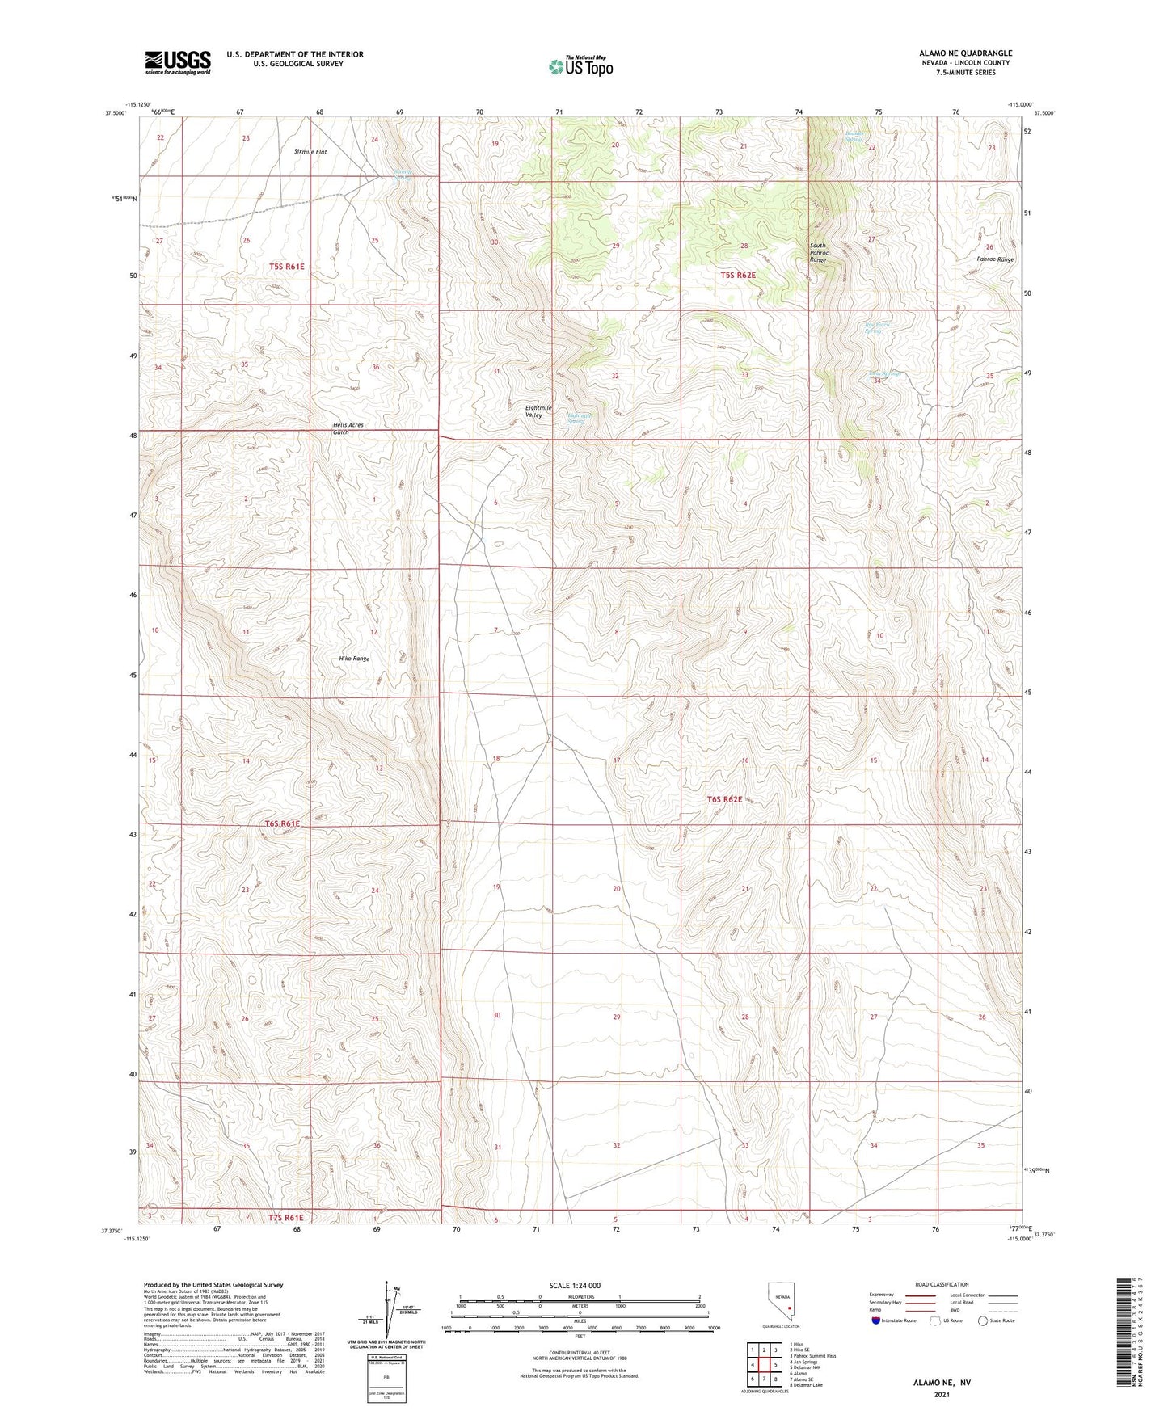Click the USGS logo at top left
pyautogui.click(x=177, y=61)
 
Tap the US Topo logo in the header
pyautogui.click(x=580, y=65)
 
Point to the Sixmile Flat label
pyautogui.click(x=310, y=151)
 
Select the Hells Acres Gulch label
pyautogui.click(x=348, y=428)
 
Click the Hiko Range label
pyautogui.click(x=354, y=659)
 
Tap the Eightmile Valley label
pyautogui.click(x=538, y=411)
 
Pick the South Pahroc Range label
pyautogui.click(x=819, y=253)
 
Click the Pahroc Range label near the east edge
pyautogui.click(x=994, y=259)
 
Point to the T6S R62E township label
pyautogui.click(x=724, y=798)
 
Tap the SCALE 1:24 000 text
pyautogui.click(x=575, y=1285)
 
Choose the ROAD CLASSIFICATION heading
pyautogui.click(x=942, y=1284)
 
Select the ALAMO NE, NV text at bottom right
pyautogui.click(x=942, y=1383)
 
